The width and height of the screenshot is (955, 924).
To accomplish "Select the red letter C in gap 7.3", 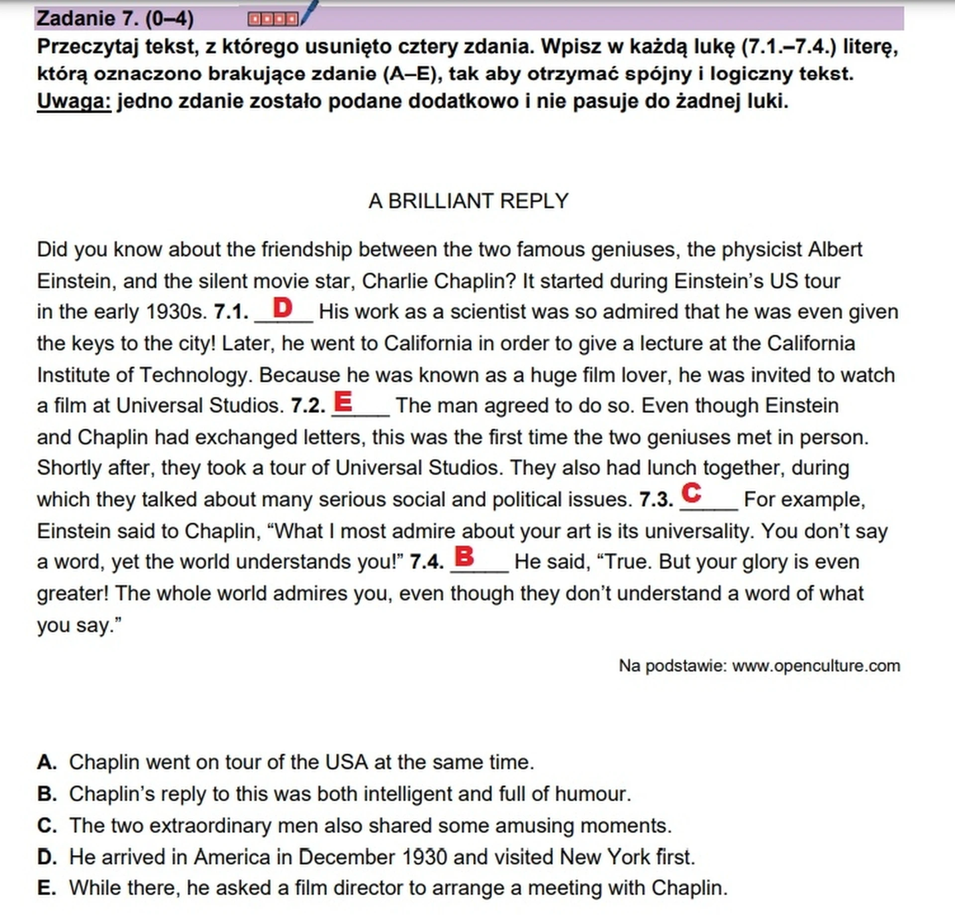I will click(691, 493).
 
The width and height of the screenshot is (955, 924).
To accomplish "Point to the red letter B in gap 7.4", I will click(464, 556).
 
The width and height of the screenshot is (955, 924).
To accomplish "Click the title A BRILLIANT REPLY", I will click(468, 201).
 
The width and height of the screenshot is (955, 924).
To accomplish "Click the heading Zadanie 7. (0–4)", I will click(115, 19).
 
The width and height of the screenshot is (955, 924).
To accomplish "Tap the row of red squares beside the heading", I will click(273, 19).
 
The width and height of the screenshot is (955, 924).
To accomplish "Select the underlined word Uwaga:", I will click(74, 101).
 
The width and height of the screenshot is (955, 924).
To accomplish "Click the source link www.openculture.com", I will click(816, 666).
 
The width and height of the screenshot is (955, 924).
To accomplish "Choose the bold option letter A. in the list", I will click(47, 762).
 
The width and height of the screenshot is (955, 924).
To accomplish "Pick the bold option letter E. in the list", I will click(47, 888).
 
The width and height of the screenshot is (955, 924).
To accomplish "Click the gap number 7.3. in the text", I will click(656, 500).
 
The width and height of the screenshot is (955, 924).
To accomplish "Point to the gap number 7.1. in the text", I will click(231, 312).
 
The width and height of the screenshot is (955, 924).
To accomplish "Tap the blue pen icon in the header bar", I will click(309, 12).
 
